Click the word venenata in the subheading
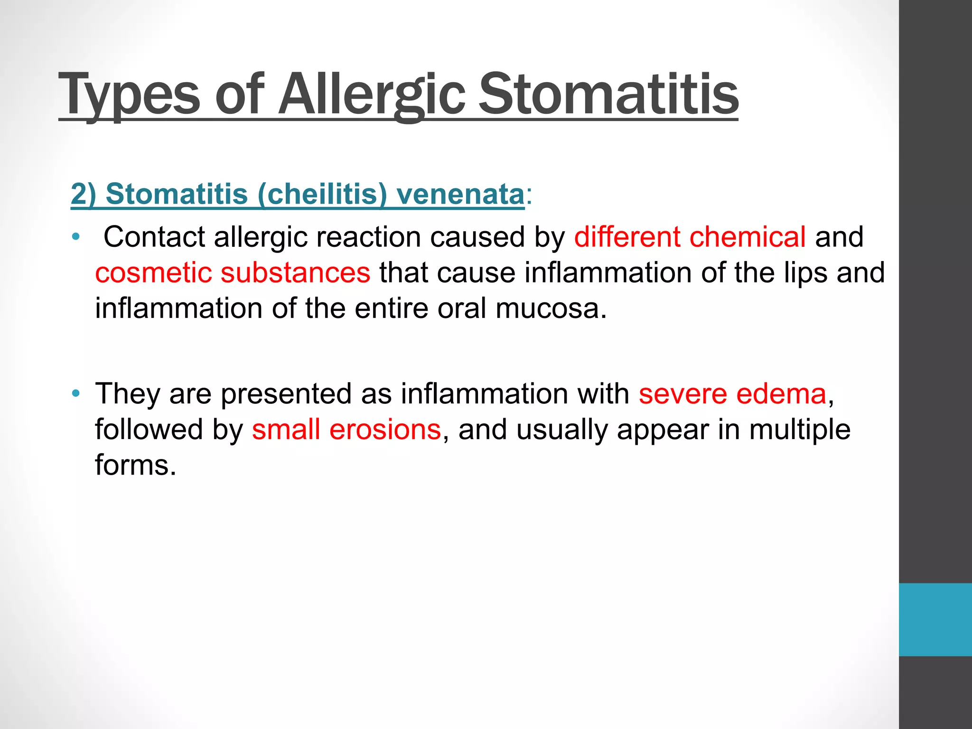tap(460, 194)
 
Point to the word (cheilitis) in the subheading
tap(322, 194)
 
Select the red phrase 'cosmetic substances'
tap(233, 272)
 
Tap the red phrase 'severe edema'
tap(732, 393)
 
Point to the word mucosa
tap(551, 308)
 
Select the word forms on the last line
tap(135, 465)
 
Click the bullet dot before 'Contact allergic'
tap(76, 237)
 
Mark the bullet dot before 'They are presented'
tap(76, 393)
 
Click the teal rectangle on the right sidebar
tap(935, 619)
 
